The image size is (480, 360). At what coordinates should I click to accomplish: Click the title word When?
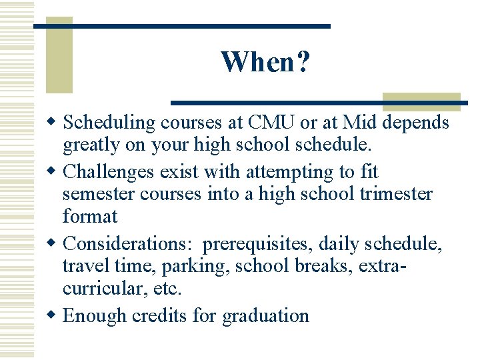265,62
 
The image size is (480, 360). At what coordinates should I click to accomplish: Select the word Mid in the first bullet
362,123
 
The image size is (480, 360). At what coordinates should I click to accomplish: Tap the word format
90,216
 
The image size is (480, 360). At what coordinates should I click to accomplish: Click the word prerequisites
261,244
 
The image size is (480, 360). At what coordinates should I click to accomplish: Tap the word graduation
265,315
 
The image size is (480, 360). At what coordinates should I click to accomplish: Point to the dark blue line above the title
181,26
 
